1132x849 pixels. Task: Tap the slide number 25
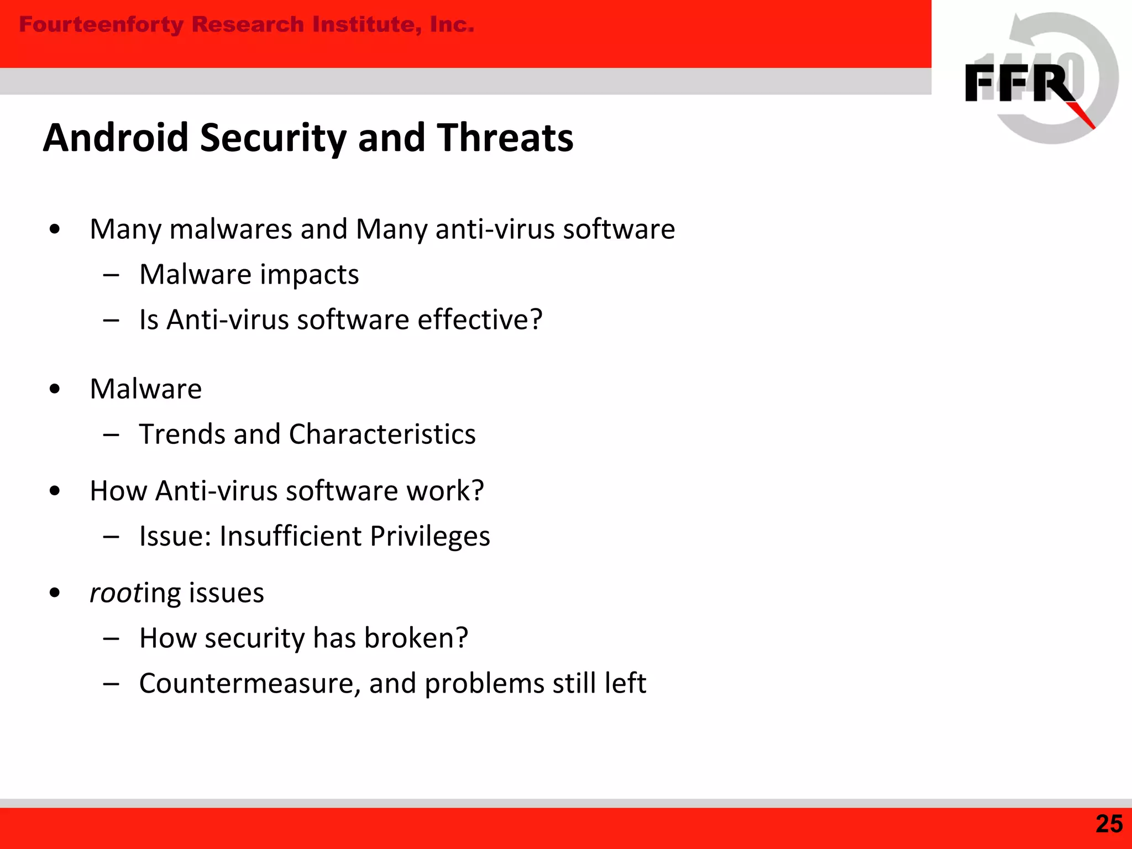pyautogui.click(x=1109, y=824)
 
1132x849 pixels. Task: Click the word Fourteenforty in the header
pyautogui.click(x=101, y=25)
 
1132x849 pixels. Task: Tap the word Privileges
pyautogui.click(x=429, y=537)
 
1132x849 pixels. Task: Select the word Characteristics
pyautogui.click(x=382, y=434)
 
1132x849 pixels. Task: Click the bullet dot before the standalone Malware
pyautogui.click(x=54, y=389)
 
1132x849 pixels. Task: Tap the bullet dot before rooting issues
pyautogui.click(x=54, y=593)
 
